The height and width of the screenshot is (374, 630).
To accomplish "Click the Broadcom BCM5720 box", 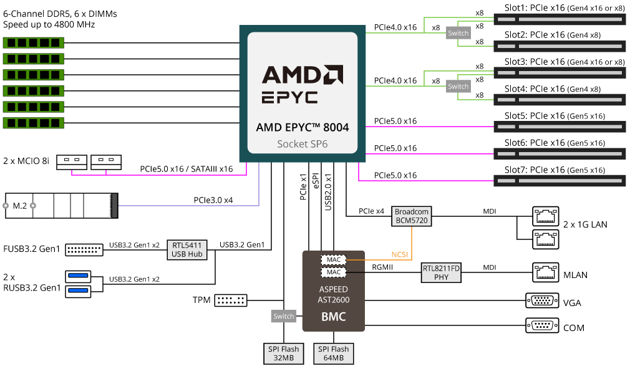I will pos(412,216).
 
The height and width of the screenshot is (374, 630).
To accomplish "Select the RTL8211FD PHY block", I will pos(441,272).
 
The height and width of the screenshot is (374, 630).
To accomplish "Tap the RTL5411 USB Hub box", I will pos(187,249).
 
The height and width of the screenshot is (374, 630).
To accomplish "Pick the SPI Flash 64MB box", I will pos(334,353).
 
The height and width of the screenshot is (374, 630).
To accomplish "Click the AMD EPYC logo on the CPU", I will pos(302,84).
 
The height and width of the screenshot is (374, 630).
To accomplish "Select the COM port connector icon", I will pos(542,326).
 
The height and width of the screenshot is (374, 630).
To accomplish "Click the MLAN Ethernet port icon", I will pos(546,272).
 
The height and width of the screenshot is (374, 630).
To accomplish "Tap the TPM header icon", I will pos(230,300).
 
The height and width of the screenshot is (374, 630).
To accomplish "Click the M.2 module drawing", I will pos(61,205).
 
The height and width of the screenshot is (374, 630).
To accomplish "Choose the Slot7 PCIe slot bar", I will pos(560,181).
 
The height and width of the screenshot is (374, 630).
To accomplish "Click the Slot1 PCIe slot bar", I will pos(560,19).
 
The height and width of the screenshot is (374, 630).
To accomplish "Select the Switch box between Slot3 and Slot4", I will pos(458,87).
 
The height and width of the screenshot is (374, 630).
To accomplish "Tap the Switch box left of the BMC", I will pos(283,316).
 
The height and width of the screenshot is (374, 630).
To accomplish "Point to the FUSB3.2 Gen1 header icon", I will pos(84,249).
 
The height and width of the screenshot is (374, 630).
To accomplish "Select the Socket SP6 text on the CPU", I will pos(302,144).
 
